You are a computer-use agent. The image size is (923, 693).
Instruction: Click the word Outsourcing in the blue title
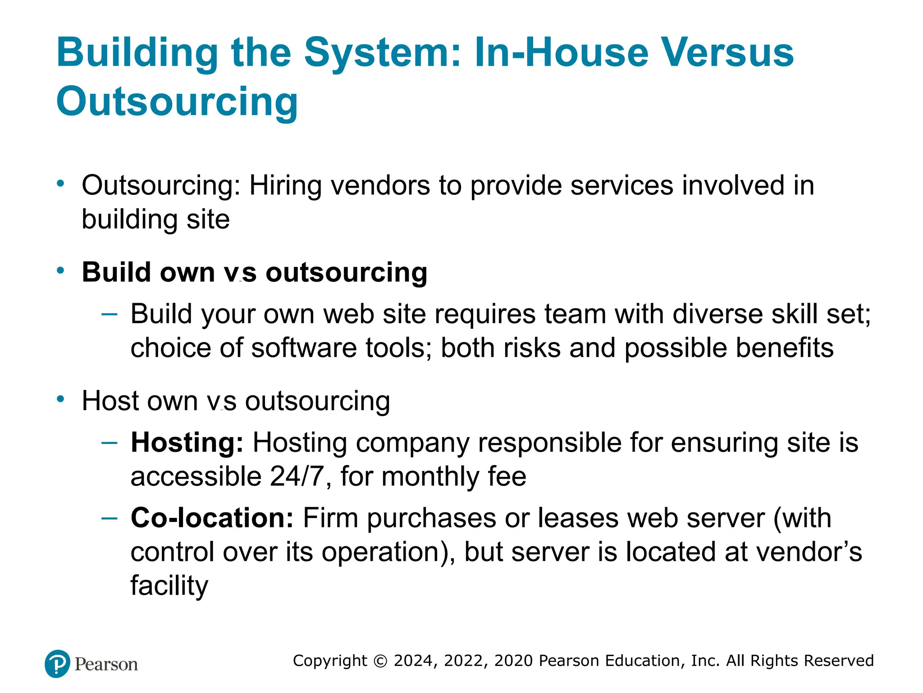pos(177,101)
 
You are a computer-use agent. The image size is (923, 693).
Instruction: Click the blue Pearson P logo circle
pos(58,664)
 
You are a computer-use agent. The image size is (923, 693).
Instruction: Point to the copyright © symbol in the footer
pos(381,661)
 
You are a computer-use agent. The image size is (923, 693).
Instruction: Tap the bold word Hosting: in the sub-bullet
pos(187,442)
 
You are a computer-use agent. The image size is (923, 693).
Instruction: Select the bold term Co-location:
pos(212,517)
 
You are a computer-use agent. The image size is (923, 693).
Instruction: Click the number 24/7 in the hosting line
pos(297,476)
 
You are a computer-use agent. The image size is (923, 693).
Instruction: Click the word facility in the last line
pos(169,586)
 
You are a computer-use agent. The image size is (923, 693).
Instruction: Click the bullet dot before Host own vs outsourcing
pos(61,399)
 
